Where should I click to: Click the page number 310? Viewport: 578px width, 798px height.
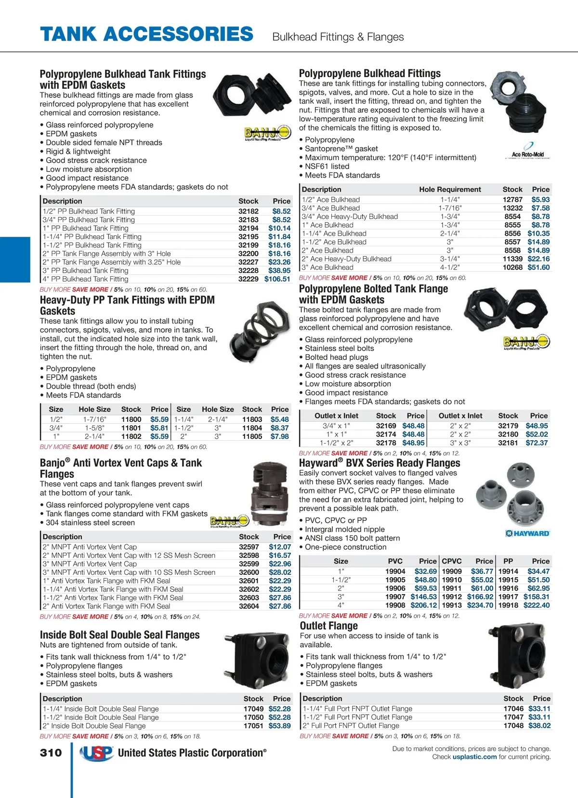click(51, 753)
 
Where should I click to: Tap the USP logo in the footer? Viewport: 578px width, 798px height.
click(96, 753)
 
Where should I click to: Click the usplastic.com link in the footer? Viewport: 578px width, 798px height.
click(474, 757)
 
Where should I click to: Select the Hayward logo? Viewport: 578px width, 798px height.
click(527, 533)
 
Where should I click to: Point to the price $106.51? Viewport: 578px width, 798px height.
click(277, 279)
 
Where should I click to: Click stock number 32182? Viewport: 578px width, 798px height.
click(248, 211)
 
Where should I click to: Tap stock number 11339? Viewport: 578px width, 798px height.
click(512, 259)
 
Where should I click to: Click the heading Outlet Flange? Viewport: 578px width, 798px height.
click(329, 626)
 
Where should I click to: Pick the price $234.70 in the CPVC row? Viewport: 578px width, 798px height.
click(480, 605)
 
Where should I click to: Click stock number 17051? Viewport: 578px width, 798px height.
click(253, 726)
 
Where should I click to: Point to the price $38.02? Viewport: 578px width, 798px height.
click(539, 726)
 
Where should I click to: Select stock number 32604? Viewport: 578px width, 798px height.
click(249, 606)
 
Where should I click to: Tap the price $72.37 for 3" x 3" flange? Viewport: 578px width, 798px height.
click(537, 443)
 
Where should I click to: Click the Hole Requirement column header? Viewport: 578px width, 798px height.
click(450, 189)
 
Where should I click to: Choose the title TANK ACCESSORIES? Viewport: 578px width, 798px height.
click(147, 34)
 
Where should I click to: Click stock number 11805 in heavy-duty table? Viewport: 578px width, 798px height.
click(252, 436)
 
